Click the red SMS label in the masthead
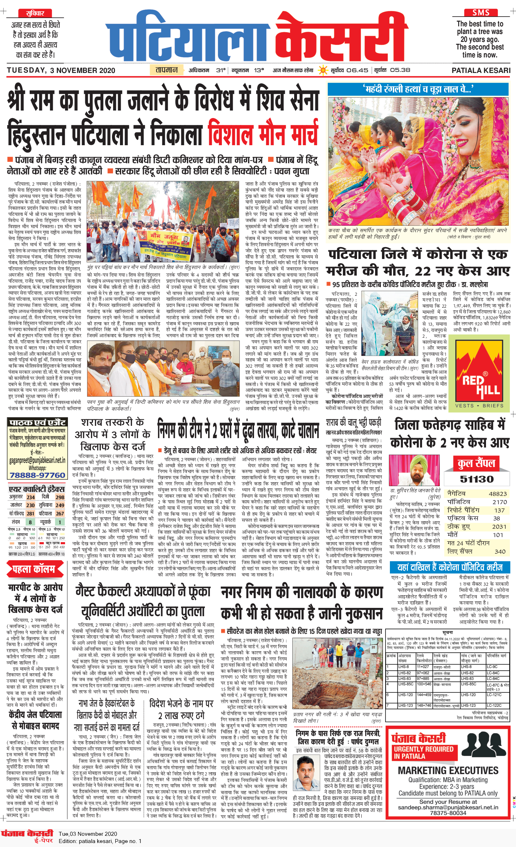point(481,13)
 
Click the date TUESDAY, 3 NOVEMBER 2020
point(61,70)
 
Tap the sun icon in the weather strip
point(322,70)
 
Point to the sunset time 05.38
point(400,70)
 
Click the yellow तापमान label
point(167,70)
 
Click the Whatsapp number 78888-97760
point(37,475)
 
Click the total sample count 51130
point(477,479)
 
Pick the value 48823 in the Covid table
point(498,494)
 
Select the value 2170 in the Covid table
point(499,502)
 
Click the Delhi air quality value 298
point(60,497)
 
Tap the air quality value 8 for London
point(30,522)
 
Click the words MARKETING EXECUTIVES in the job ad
point(448,771)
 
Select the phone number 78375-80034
point(448,813)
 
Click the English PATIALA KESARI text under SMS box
point(481,70)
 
